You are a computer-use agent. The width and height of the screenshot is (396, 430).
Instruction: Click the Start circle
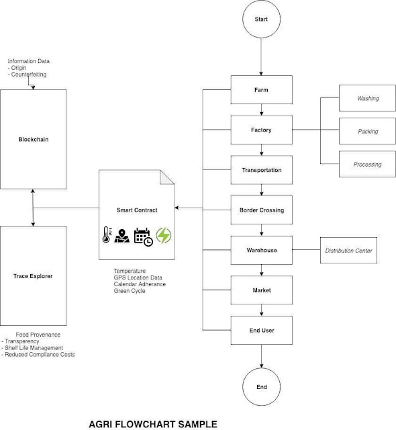click(x=261, y=19)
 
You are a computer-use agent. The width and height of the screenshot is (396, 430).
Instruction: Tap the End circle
click(x=262, y=387)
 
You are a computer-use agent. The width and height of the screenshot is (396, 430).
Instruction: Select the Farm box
click(x=262, y=89)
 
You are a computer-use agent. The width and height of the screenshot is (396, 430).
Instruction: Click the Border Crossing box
click(x=262, y=210)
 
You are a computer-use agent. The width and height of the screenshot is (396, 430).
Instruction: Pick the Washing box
click(x=367, y=98)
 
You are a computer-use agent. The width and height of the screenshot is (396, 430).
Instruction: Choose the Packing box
click(x=367, y=131)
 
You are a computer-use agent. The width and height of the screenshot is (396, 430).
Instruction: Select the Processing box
click(x=367, y=164)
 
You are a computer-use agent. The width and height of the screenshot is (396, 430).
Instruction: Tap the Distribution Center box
click(x=348, y=251)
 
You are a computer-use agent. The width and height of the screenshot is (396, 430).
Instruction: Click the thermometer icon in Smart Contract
click(x=107, y=234)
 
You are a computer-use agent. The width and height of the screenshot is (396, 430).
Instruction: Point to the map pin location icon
click(x=122, y=236)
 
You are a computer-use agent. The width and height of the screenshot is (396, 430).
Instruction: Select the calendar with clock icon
click(x=143, y=236)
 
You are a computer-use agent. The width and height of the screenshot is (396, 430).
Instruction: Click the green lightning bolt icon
click(x=164, y=235)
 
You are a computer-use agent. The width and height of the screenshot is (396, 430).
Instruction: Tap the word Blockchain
click(x=34, y=139)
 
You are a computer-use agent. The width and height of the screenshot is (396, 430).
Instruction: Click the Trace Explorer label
click(x=33, y=276)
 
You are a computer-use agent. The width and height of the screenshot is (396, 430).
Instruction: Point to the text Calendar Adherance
click(x=140, y=284)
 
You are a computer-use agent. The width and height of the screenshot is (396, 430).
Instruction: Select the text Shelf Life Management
click(x=34, y=348)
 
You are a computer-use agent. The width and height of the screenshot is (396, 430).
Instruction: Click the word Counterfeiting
click(x=29, y=75)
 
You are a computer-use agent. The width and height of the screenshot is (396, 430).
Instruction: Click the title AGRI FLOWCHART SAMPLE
click(x=153, y=424)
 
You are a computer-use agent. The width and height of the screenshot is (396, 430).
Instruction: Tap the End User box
click(x=262, y=330)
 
